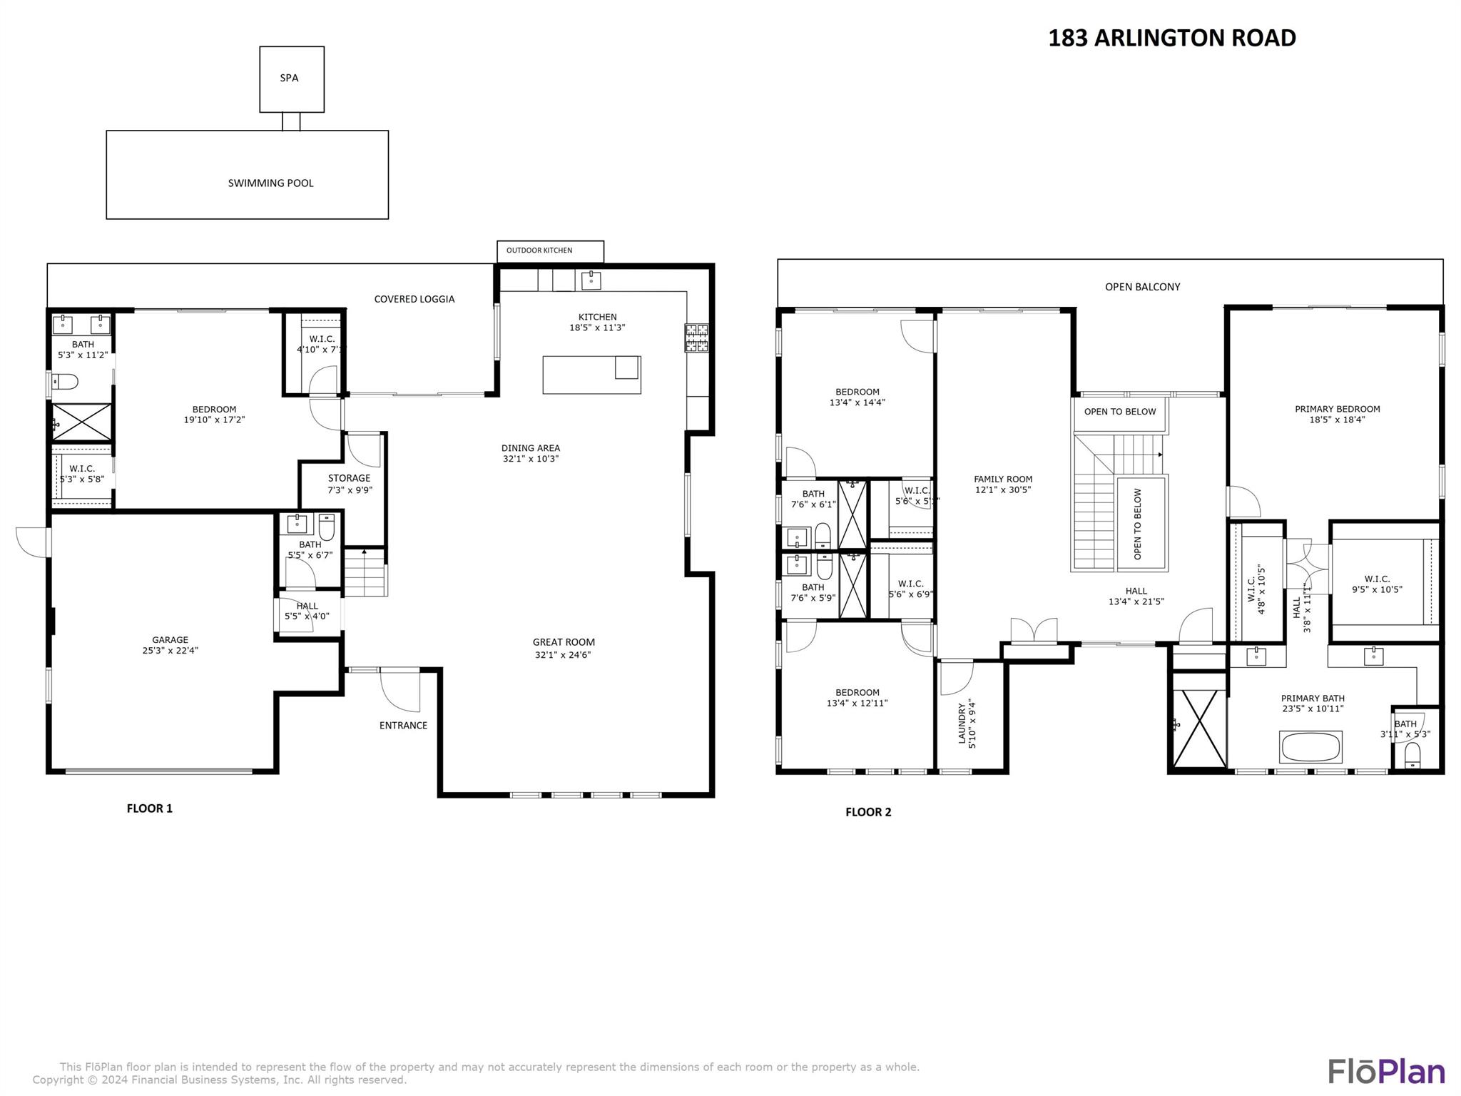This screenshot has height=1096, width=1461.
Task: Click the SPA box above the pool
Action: click(291, 78)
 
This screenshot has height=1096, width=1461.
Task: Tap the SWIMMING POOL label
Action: click(270, 183)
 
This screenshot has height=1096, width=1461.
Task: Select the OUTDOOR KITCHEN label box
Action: click(549, 250)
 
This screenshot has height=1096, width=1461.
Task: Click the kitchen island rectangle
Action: click(591, 375)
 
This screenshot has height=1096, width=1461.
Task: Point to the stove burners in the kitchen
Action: click(696, 338)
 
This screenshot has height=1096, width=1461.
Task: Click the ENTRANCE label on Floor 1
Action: click(403, 726)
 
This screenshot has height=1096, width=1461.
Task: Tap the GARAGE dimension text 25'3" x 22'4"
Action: click(170, 651)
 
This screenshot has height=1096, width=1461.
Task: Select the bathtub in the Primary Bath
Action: click(1310, 747)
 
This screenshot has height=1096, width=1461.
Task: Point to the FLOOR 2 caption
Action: click(867, 812)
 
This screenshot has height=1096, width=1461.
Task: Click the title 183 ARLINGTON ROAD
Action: click(1171, 39)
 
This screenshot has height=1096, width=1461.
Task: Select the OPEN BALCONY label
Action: click(1142, 287)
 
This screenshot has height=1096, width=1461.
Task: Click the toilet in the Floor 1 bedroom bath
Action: click(64, 382)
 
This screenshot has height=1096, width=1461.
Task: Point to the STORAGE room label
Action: click(350, 479)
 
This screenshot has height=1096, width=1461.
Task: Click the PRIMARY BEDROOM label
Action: click(1337, 410)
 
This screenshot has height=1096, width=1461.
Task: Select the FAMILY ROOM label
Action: click(1003, 479)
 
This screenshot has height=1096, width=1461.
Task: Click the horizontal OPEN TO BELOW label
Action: click(1119, 412)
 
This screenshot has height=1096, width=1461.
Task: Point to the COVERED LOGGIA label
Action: click(414, 299)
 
